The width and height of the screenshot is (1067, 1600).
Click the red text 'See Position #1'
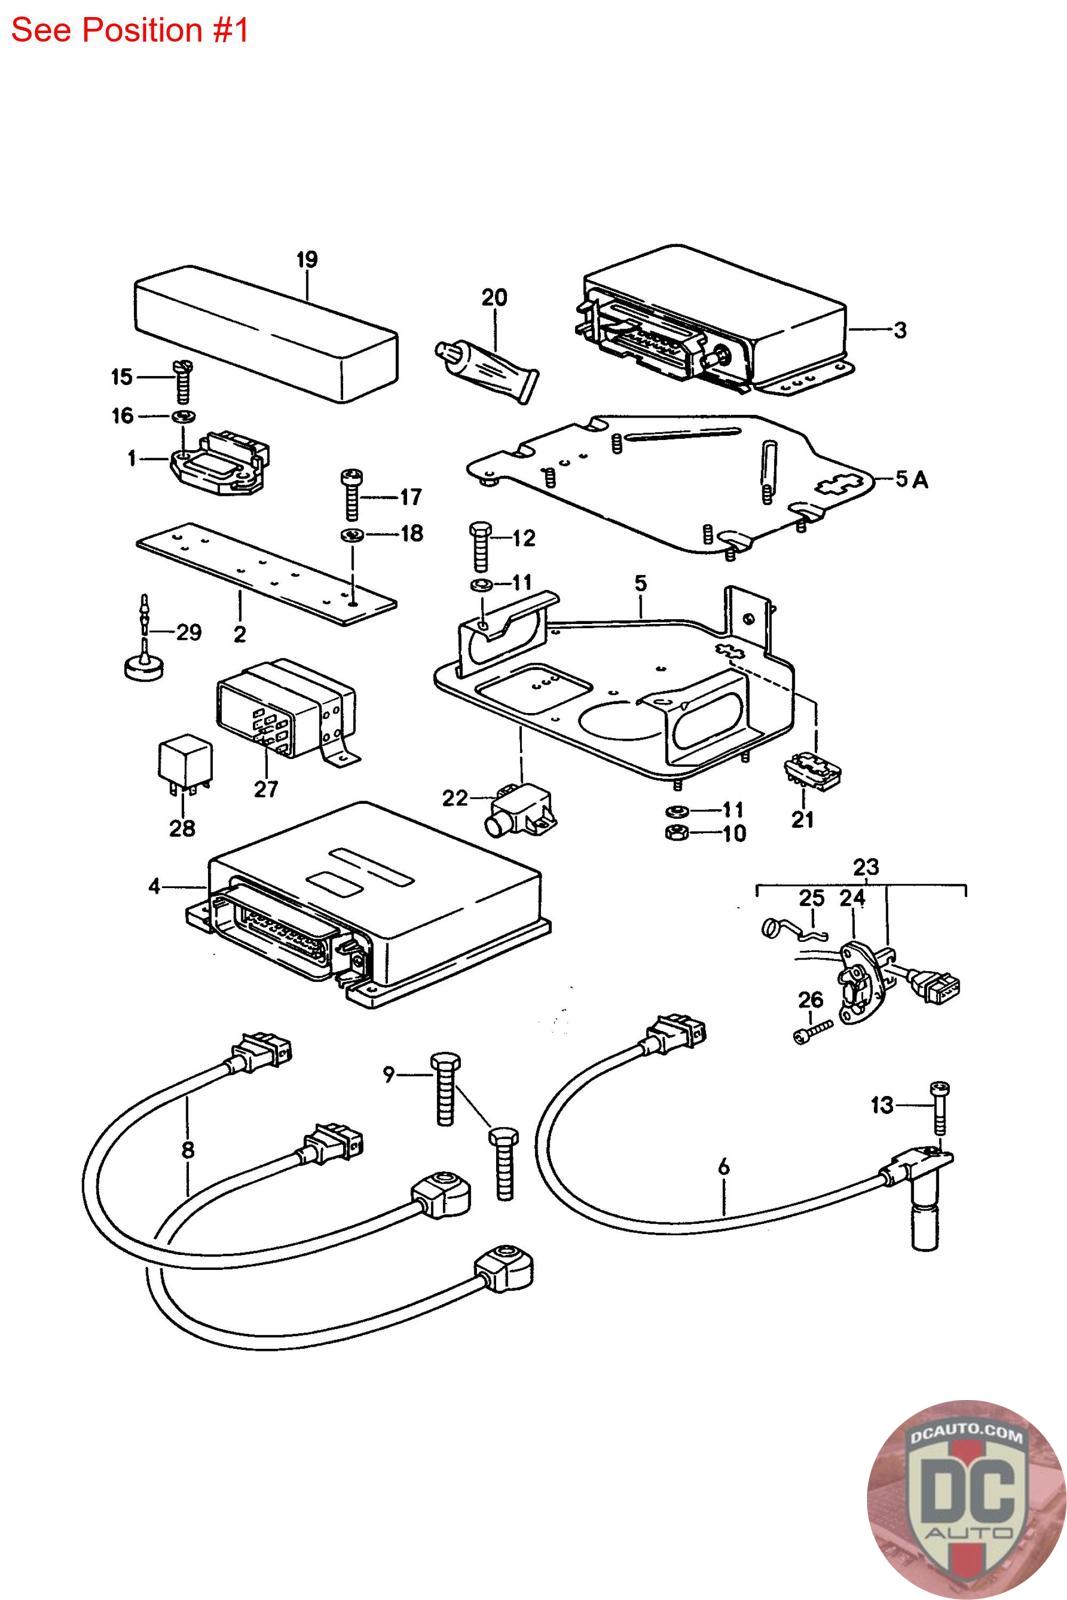pyautogui.click(x=129, y=30)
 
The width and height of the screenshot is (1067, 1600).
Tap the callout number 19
pyautogui.click(x=307, y=260)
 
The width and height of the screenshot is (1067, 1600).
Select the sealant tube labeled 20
pyautogui.click(x=487, y=370)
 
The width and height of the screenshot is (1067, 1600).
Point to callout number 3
pyautogui.click(x=899, y=329)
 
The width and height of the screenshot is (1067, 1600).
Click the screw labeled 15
pyautogui.click(x=183, y=378)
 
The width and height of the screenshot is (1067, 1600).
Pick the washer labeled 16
pyautogui.click(x=183, y=416)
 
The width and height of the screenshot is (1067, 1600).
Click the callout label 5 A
pyautogui.click(x=912, y=480)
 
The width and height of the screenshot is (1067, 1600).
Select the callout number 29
pyautogui.click(x=188, y=632)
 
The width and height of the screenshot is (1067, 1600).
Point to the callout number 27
pyautogui.click(x=265, y=789)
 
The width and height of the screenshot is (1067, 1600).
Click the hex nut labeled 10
pyautogui.click(x=675, y=833)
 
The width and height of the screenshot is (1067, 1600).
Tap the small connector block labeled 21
pyautogui.click(x=813, y=777)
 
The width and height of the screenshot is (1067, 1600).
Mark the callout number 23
pyautogui.click(x=865, y=867)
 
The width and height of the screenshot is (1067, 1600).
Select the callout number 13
pyautogui.click(x=881, y=1105)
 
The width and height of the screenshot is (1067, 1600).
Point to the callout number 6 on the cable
pyautogui.click(x=724, y=1166)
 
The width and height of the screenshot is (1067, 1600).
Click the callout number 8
pyautogui.click(x=188, y=1150)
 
